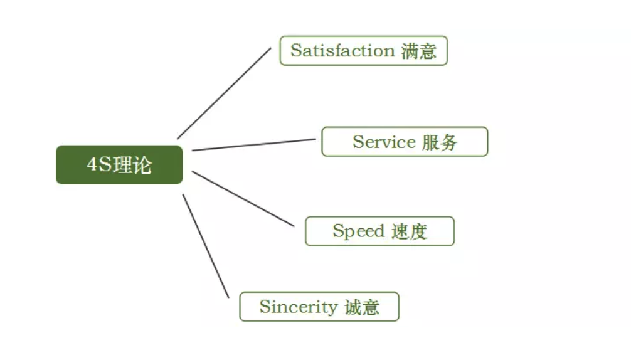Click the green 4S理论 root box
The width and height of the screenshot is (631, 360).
click(119, 165)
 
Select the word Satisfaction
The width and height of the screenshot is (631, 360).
click(342, 51)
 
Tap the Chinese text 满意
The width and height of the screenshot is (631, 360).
click(418, 51)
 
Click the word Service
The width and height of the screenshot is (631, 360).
click(384, 142)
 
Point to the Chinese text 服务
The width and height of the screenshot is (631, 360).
click(440, 142)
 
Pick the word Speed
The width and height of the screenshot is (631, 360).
click(358, 231)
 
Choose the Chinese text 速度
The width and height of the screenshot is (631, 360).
click(409, 231)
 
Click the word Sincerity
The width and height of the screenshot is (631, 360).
click(298, 307)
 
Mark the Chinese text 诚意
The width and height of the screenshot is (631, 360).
click(362, 307)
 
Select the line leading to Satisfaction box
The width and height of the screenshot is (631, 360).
click(224, 93)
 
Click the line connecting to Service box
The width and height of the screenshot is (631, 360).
click(253, 145)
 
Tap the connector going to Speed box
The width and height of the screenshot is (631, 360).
click(243, 198)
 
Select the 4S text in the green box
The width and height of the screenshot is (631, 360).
click(101, 165)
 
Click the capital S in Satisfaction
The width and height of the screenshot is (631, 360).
click(296, 51)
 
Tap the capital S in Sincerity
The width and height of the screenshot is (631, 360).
click(265, 307)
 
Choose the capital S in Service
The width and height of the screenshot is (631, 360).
click(358, 142)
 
